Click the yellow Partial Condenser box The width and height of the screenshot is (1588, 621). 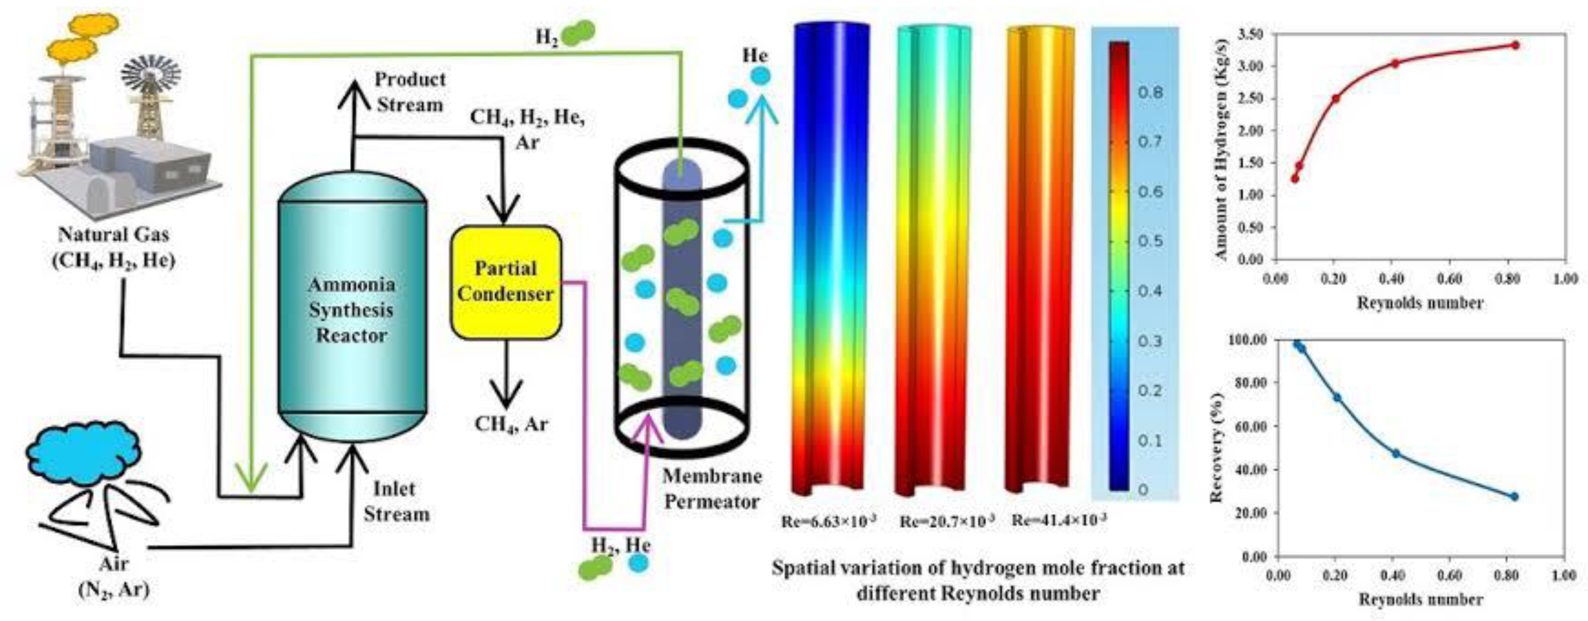pos(506,282)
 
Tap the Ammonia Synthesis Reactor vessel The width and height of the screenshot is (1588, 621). pos(351,308)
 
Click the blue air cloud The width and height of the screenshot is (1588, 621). pos(83,453)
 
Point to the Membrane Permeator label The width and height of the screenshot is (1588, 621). pos(712,488)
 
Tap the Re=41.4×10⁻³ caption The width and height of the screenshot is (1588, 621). pos(1059,520)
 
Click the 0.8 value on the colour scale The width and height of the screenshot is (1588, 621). pos(1150,93)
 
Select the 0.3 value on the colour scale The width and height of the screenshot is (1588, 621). pos(1150,341)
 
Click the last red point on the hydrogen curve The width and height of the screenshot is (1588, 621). pos(1515,45)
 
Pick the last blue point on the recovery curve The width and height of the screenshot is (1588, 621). pos(1515,497)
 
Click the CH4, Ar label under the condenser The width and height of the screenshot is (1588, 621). pos(511,424)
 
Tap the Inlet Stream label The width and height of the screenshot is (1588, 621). pos(395,501)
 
